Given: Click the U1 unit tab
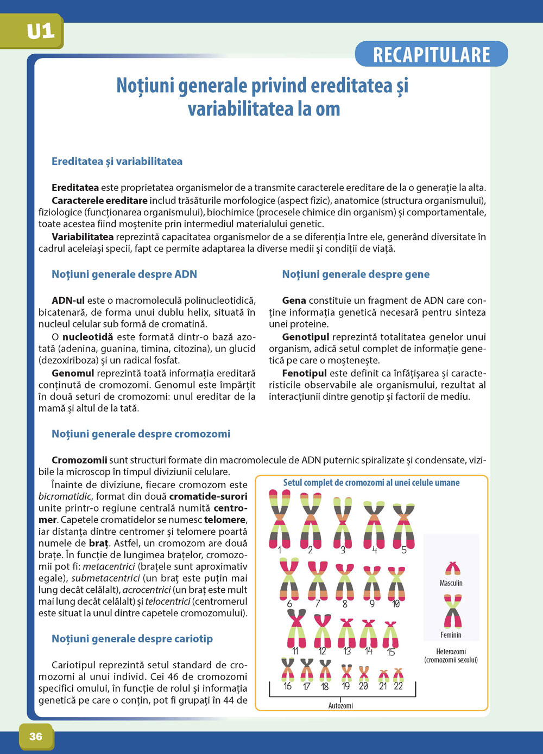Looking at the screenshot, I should pyautogui.click(x=41, y=31).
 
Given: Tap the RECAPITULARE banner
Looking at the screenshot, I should pyautogui.click(x=431, y=55).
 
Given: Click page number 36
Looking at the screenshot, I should pyautogui.click(x=36, y=736).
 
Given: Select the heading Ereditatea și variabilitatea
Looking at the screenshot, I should pyautogui.click(x=117, y=161).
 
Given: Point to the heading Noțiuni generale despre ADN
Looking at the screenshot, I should pyautogui.click(x=124, y=274).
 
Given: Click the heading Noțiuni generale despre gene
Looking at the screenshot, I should pyautogui.click(x=356, y=274).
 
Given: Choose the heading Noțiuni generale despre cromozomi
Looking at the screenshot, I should pyautogui.click(x=141, y=433).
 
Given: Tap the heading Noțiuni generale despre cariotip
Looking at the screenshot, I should pyautogui.click(x=132, y=638).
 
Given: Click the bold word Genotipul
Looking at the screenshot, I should pyautogui.click(x=306, y=337).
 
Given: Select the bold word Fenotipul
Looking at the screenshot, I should pyautogui.click(x=304, y=373).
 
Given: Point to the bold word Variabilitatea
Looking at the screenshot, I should pyautogui.click(x=83, y=237).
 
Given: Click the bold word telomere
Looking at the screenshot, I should pyautogui.click(x=225, y=520).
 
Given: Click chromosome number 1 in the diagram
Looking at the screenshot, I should pyautogui.click(x=280, y=518).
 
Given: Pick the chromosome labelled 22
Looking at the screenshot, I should pyautogui.click(x=399, y=675).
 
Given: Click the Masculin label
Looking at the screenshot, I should pyautogui.click(x=451, y=583).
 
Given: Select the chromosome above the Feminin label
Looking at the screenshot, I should pyautogui.click(x=452, y=611).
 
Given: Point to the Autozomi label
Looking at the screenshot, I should pyautogui.click(x=340, y=706).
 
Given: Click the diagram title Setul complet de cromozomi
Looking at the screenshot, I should pyautogui.click(x=371, y=482).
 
